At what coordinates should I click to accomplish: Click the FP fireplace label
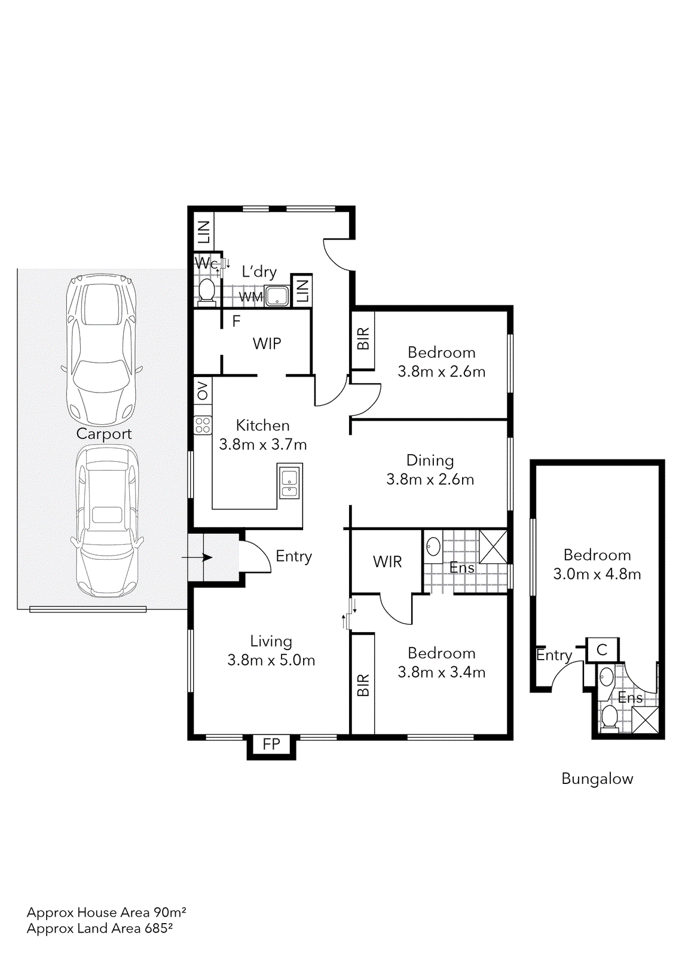271,744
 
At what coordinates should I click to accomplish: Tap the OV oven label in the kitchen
203,391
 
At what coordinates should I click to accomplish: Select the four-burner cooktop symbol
203,425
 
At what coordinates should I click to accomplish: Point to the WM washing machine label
250,297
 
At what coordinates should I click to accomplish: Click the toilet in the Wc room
206,290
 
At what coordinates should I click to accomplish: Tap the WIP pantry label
267,344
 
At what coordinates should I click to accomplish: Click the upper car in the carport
101,348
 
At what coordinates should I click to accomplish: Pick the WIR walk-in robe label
387,562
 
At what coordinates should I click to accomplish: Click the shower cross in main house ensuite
493,546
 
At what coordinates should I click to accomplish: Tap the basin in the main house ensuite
433,546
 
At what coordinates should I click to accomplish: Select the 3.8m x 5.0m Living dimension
271,660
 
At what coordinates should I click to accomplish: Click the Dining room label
430,460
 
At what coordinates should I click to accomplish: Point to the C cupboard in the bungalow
602,649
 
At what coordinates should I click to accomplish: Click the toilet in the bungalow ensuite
609,716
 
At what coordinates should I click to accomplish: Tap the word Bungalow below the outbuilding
597,779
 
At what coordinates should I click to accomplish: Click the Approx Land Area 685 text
100,929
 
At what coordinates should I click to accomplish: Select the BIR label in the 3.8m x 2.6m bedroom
363,339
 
